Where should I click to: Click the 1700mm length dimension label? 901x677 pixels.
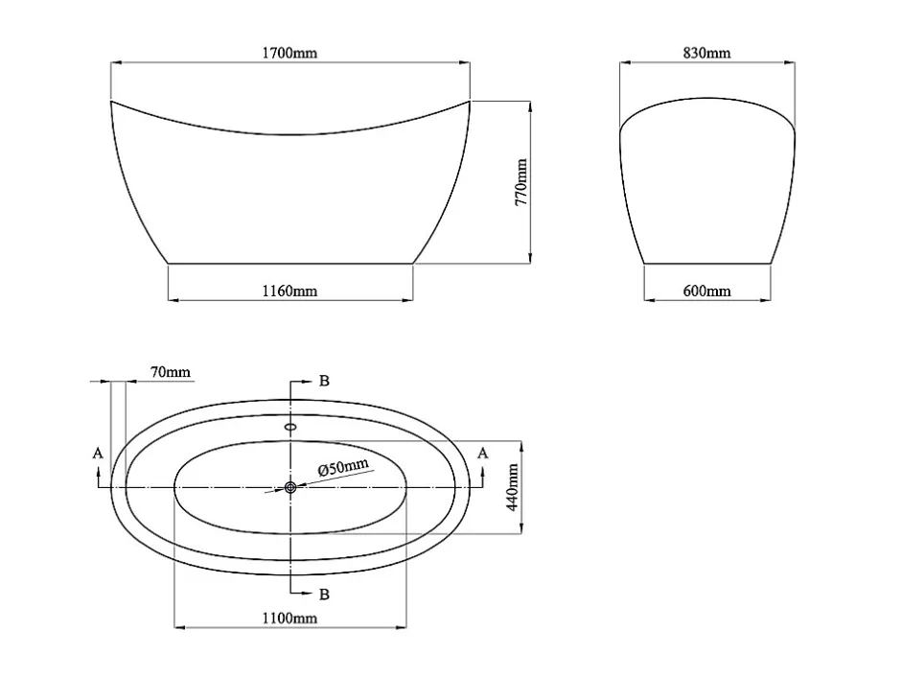click(289, 53)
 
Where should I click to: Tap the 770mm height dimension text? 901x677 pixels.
click(520, 182)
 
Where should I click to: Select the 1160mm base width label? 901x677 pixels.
click(289, 291)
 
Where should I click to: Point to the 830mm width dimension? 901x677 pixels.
click(706, 53)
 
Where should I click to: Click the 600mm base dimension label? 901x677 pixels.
click(706, 291)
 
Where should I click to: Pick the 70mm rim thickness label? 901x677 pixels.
click(170, 372)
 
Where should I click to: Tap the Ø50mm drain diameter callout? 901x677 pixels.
click(343, 467)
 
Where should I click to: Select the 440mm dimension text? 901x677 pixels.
click(513, 487)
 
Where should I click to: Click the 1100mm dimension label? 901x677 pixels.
click(289, 618)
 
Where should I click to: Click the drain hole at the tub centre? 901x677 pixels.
click(290, 487)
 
